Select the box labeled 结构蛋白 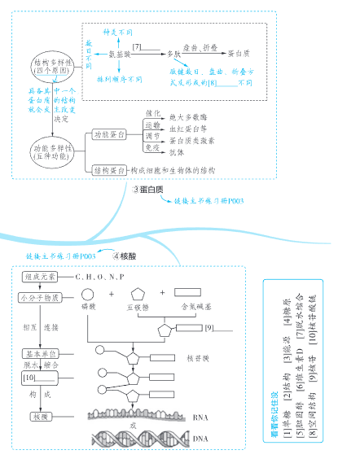point(108,171)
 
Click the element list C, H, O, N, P point(101,278)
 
